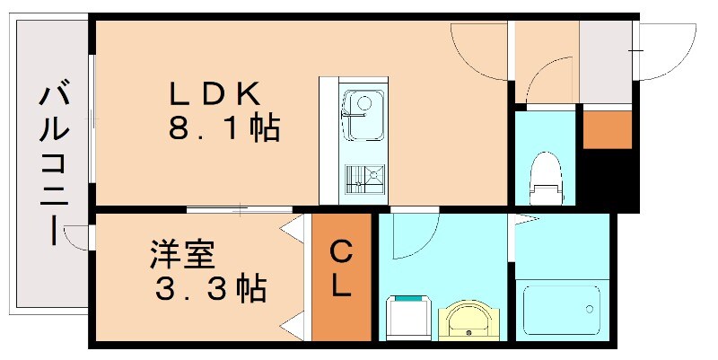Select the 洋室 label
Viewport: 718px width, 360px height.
(x=181, y=255)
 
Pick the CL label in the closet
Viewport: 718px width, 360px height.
(x=341, y=268)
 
